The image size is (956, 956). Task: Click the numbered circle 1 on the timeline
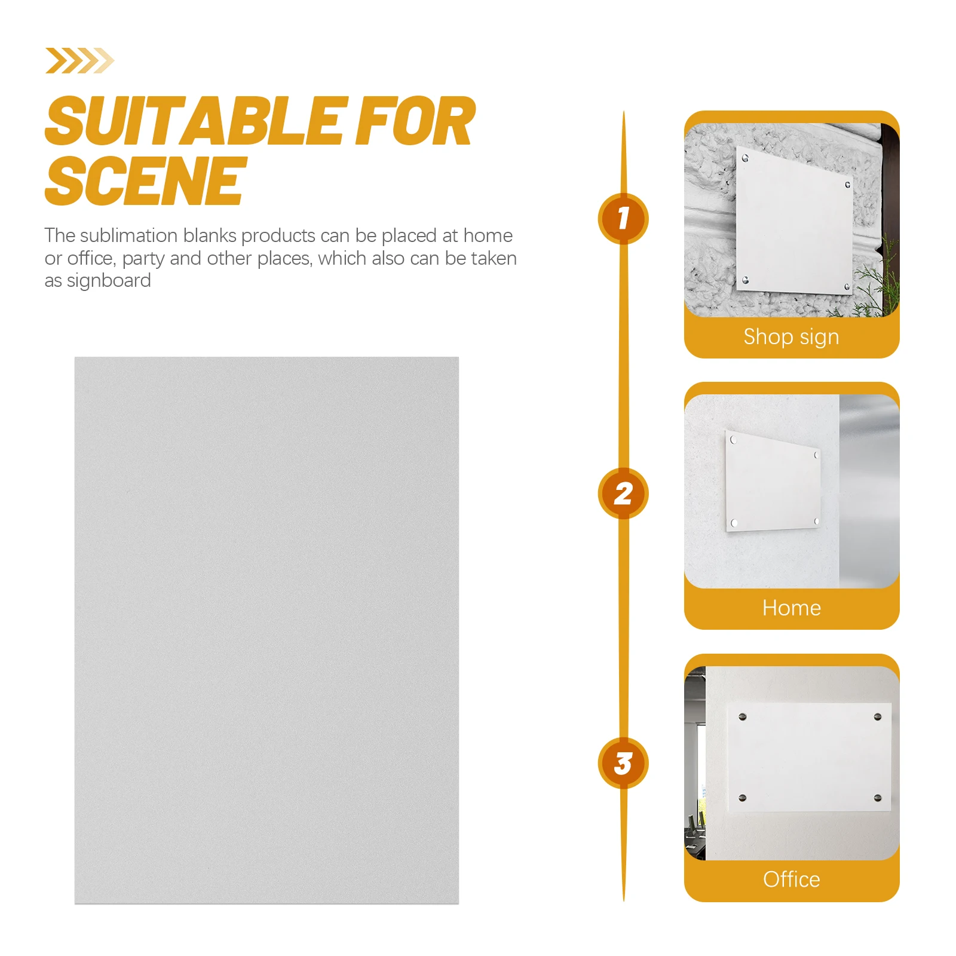623,219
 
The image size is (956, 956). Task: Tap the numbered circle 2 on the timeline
623,494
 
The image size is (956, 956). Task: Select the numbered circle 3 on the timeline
623,764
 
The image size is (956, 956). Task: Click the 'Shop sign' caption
791,337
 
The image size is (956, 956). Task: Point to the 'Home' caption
791,608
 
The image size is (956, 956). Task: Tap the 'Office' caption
791,880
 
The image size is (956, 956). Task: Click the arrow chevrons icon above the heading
79,60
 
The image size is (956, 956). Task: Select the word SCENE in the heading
146,181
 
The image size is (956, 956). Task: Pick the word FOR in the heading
415,122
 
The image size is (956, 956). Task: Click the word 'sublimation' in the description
129,236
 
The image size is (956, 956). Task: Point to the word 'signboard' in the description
109,281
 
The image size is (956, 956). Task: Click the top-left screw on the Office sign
743,716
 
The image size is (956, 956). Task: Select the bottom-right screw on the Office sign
878,798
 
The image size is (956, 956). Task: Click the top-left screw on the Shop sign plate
745,158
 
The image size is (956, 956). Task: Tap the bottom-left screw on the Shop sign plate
745,280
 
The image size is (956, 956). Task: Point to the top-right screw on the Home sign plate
816,455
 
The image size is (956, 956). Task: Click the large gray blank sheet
266,630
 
